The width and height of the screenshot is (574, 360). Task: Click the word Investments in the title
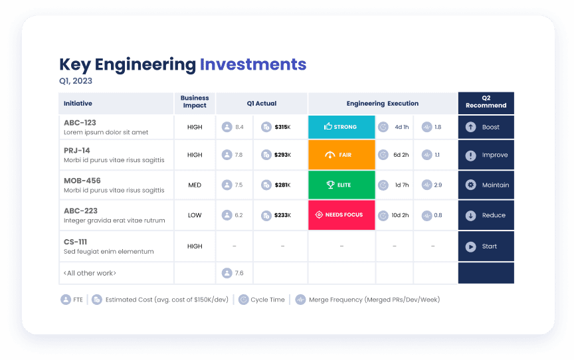coord(252,64)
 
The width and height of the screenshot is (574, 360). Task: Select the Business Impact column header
coord(195,102)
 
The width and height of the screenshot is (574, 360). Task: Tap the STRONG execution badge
coord(341,127)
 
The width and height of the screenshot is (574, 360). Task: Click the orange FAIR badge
coord(341,155)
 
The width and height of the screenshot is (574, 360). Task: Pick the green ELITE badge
coord(341,185)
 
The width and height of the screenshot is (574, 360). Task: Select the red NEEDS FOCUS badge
coord(341,215)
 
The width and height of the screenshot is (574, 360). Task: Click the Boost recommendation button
coord(486,127)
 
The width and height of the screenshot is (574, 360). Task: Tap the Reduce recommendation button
coord(486,215)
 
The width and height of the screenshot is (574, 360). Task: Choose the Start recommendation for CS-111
coord(486,246)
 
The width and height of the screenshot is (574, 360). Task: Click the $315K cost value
coord(282,127)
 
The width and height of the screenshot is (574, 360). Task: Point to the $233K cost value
coord(282,215)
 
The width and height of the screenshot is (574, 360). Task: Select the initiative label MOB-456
coord(82,181)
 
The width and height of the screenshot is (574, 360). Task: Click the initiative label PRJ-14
coord(77,150)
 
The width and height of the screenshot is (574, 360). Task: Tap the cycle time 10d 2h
coord(400,215)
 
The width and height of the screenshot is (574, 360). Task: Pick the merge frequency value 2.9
coord(438,185)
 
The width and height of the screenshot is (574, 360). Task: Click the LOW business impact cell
coord(195,215)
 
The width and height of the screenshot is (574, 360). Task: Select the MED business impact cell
coord(195,185)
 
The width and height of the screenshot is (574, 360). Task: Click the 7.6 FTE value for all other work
coord(239,273)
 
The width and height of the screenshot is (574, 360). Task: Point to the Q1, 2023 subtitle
coord(76,81)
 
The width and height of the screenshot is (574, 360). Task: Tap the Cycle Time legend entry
coord(268,300)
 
